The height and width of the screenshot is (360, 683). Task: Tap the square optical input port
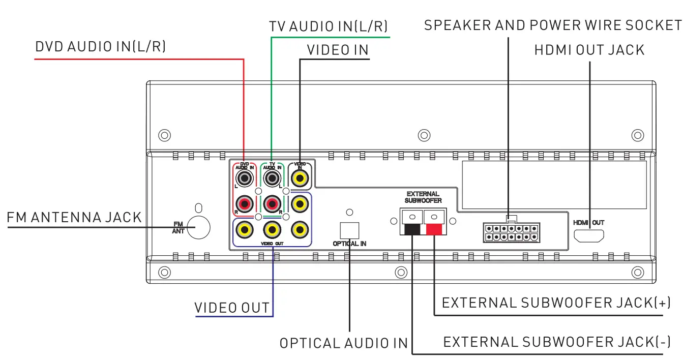point(349,230)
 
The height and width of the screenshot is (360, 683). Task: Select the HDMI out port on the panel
point(589,235)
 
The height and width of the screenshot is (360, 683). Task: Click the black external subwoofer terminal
point(412,224)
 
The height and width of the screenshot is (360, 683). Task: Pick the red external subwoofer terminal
point(434,224)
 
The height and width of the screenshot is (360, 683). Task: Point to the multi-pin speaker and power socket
point(511,233)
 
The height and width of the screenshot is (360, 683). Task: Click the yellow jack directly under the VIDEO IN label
point(300,178)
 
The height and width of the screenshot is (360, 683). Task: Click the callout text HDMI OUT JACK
point(589,50)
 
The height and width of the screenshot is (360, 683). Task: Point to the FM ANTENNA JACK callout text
point(74,218)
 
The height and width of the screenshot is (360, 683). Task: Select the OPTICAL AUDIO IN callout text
point(344,344)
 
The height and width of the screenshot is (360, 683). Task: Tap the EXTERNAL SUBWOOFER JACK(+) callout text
point(556,303)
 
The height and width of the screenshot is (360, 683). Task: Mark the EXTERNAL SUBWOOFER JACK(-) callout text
point(557,342)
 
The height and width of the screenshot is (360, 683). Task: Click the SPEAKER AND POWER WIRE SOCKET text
point(553,25)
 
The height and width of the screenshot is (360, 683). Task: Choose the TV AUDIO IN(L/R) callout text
point(329,26)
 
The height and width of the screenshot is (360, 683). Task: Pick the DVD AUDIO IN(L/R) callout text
point(101,47)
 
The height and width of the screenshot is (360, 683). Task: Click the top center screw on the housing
point(424,135)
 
